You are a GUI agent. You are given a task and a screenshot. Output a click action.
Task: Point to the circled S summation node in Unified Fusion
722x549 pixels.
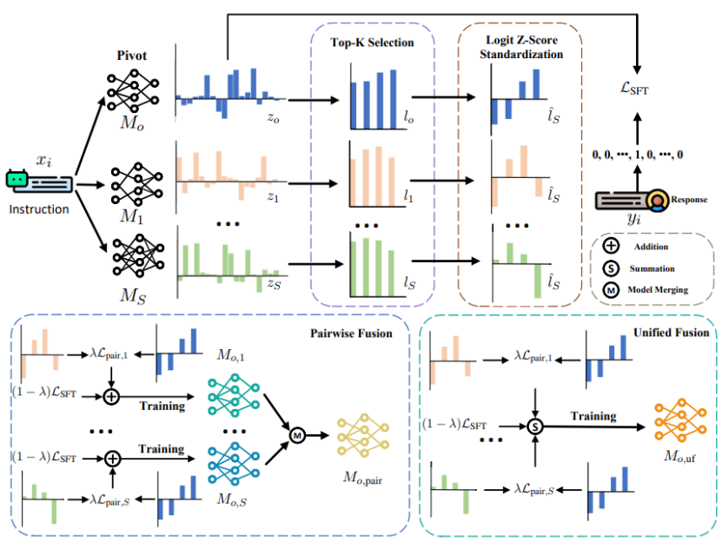click(x=536, y=425)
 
